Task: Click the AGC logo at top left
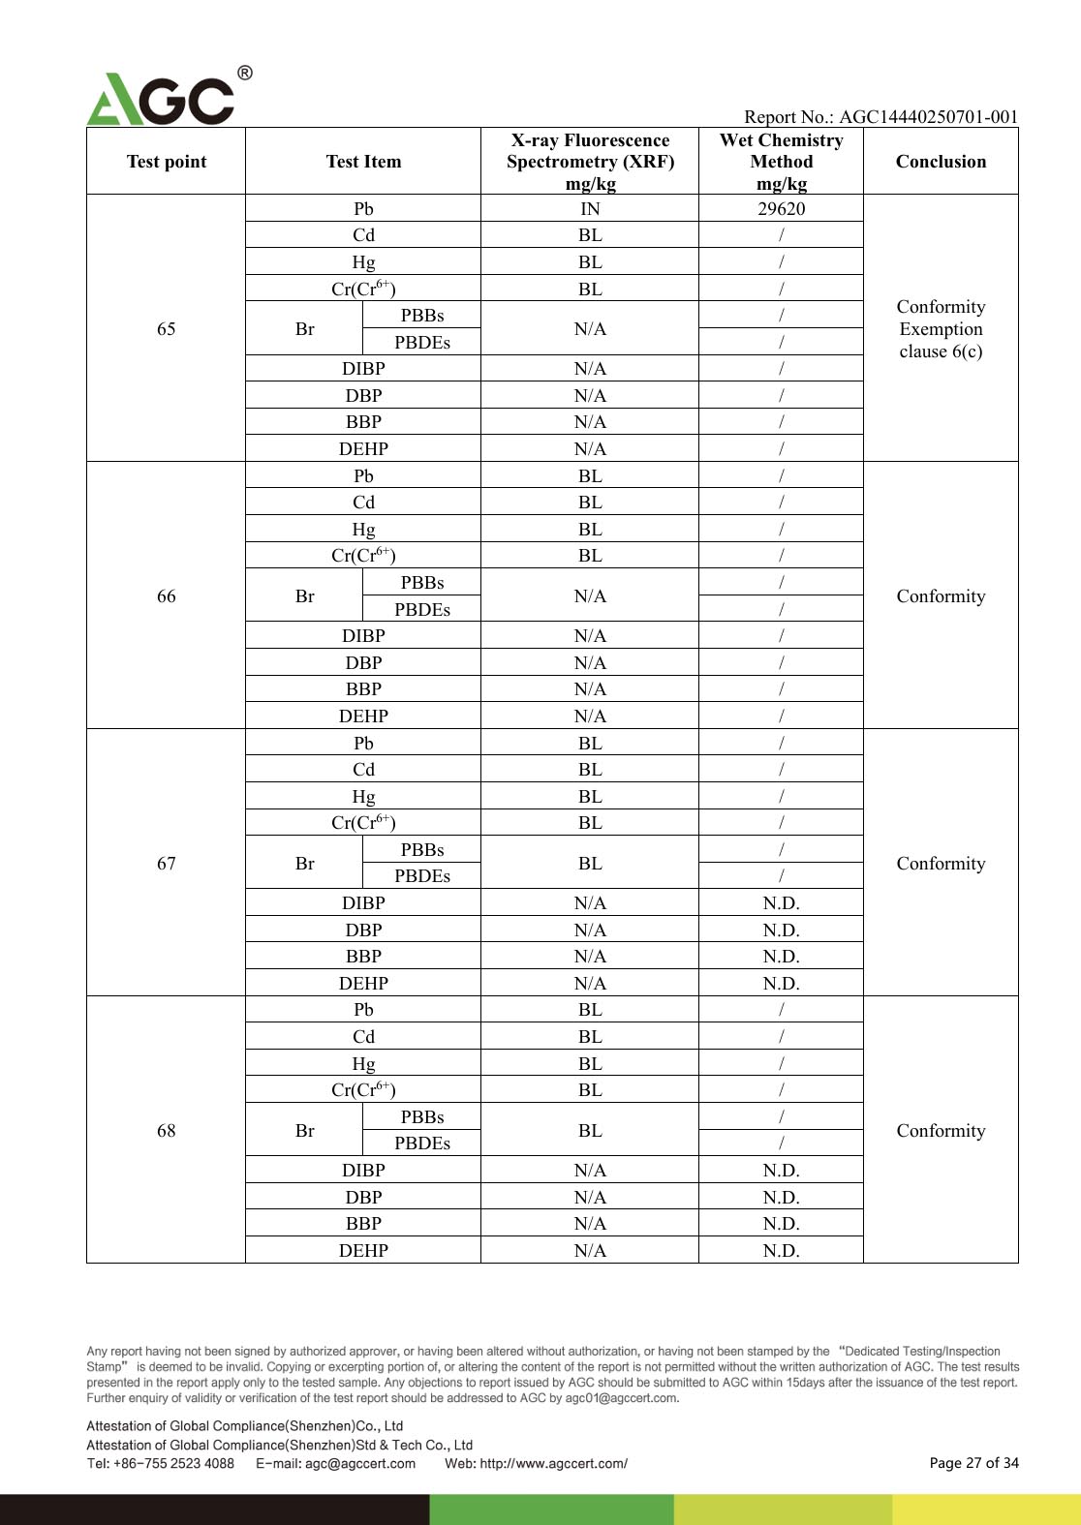(163, 98)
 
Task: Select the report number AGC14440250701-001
(928, 117)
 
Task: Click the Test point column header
(167, 162)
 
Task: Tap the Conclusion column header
(941, 162)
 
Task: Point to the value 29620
(781, 209)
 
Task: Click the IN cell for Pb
(590, 209)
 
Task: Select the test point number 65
(167, 329)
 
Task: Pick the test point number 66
(167, 596)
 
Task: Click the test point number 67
(167, 864)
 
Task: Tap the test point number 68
(167, 1131)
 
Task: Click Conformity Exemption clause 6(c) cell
(941, 329)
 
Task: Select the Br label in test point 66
(304, 596)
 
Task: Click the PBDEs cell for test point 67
(422, 876)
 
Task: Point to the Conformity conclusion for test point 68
(941, 1131)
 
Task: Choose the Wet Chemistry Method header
(781, 162)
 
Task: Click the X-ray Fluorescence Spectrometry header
(590, 162)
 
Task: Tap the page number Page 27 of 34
(973, 1463)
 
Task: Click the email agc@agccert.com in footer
(359, 1464)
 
